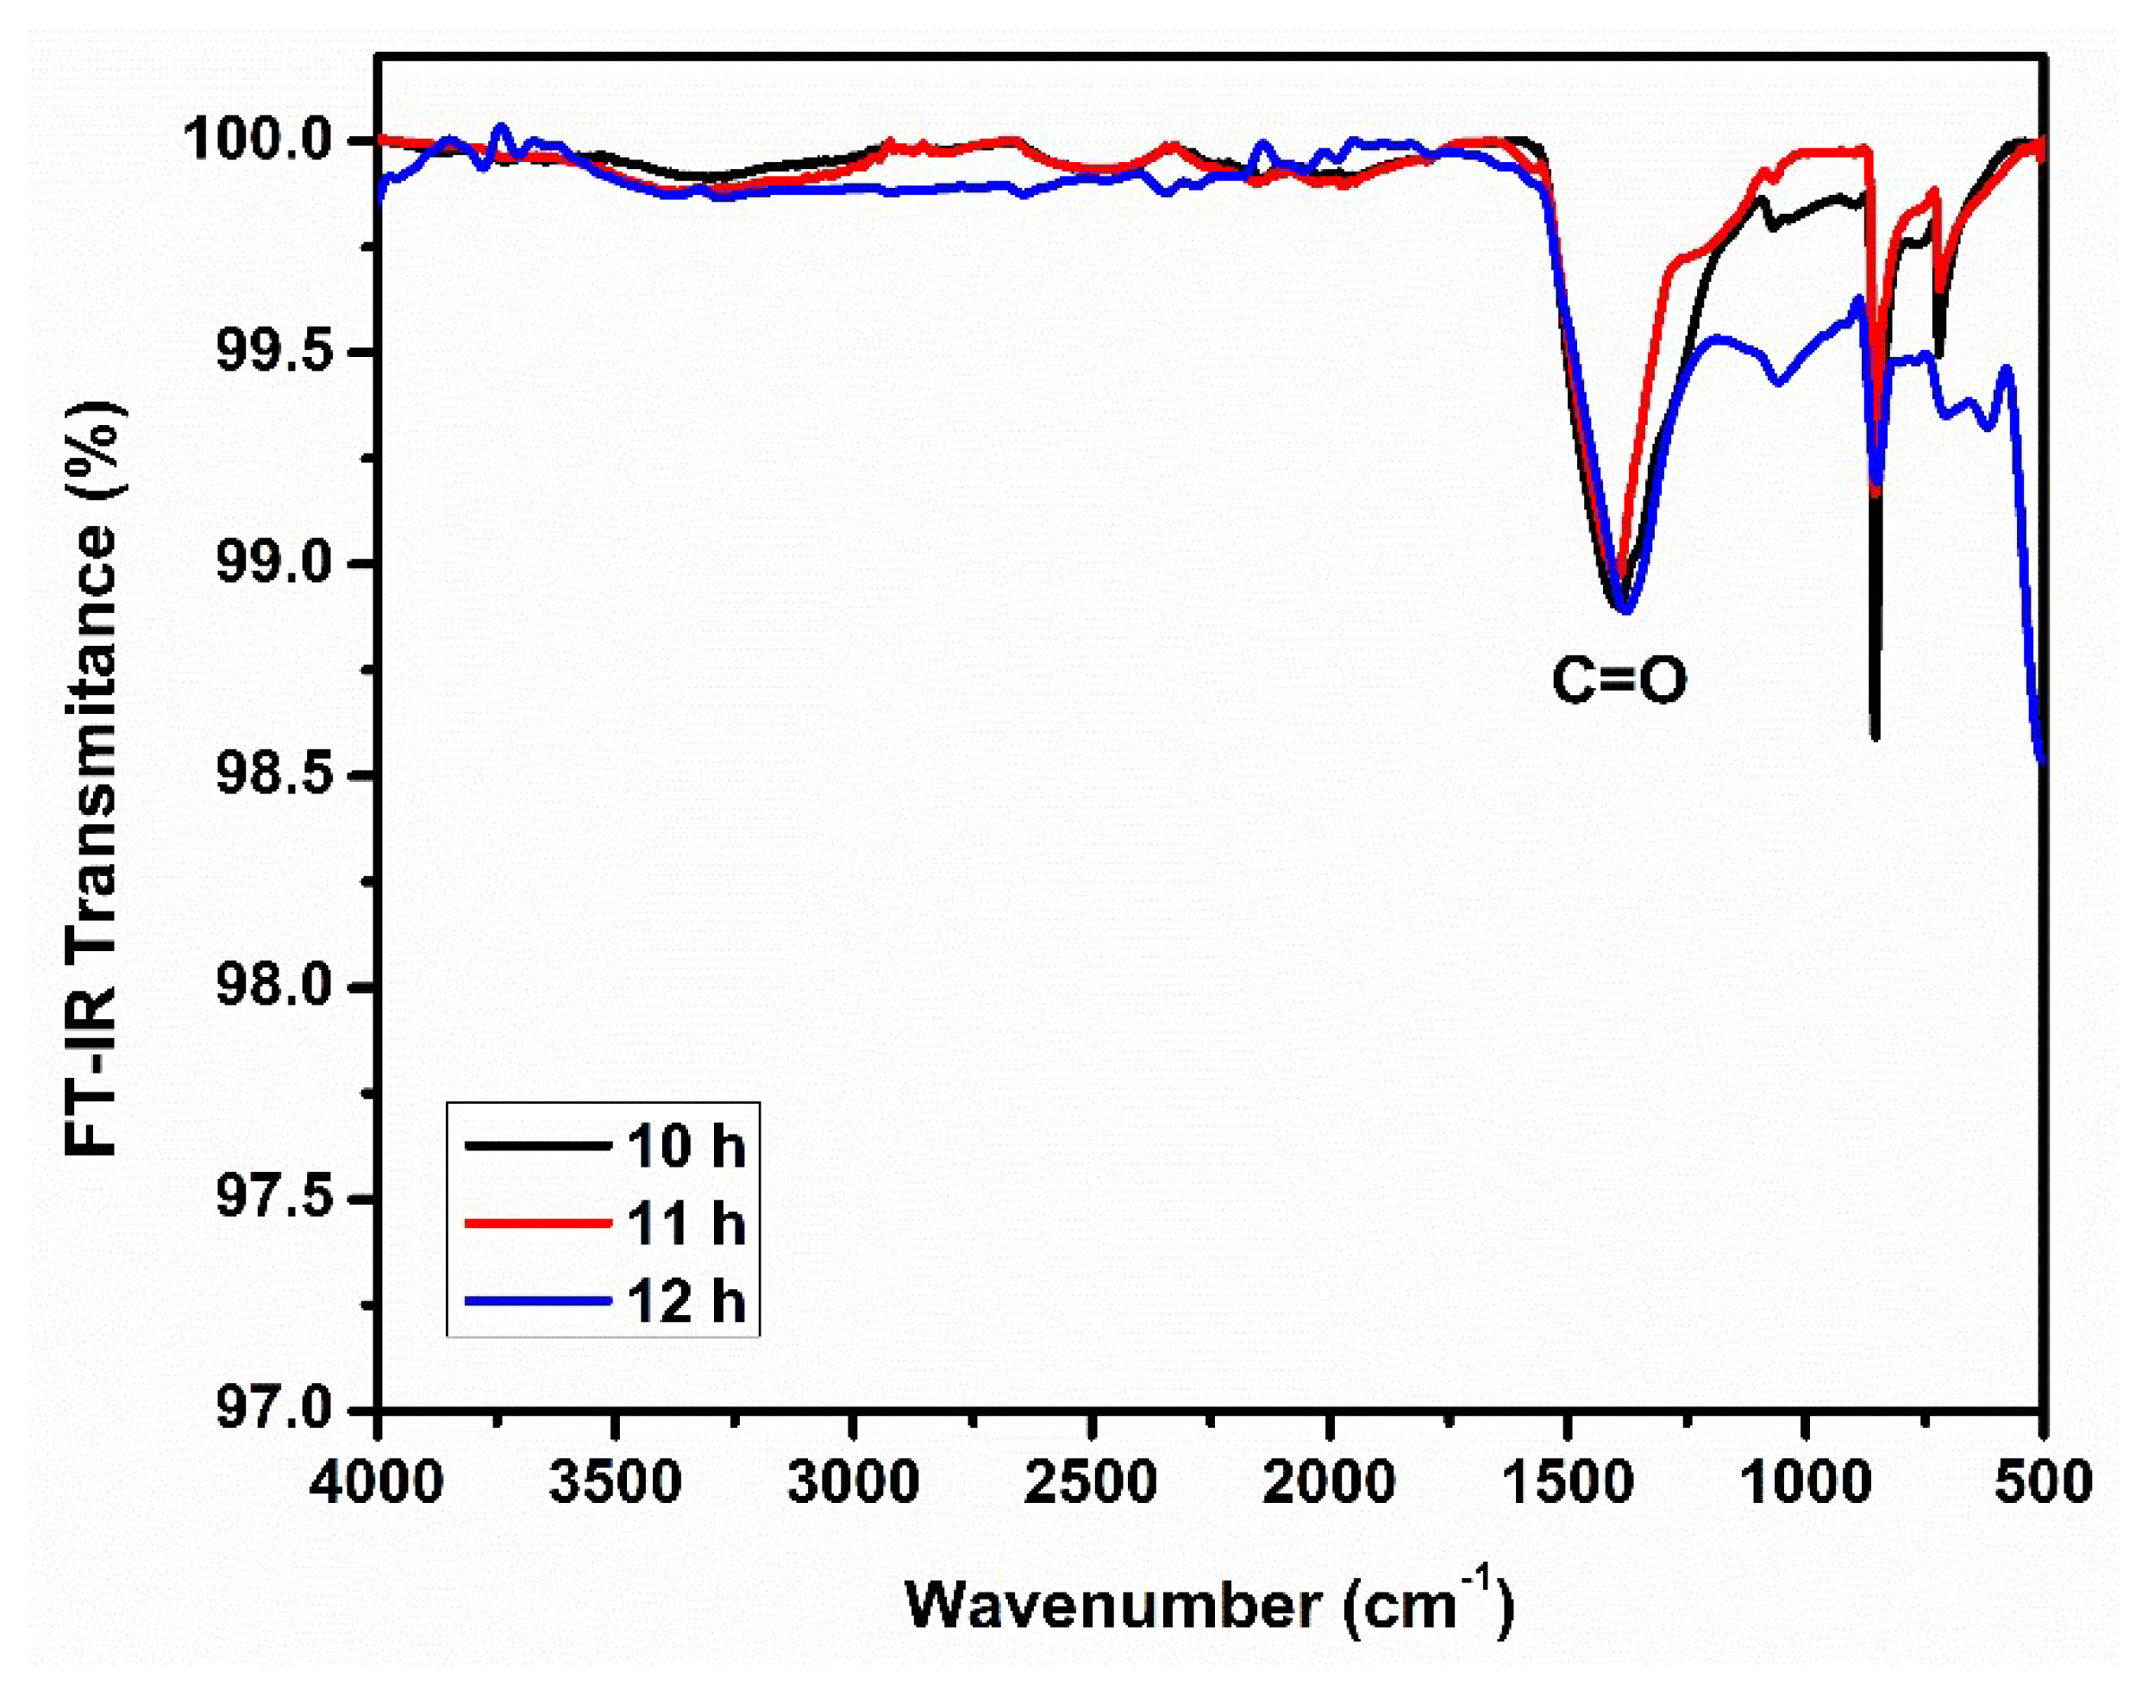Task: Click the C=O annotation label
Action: coord(1619,681)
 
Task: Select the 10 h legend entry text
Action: coord(686,1145)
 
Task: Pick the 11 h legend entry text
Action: coord(686,1223)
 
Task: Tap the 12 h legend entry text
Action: coord(686,1300)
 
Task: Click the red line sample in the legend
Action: coord(537,1223)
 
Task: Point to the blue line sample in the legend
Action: coord(537,1300)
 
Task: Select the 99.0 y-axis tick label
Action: coord(282,564)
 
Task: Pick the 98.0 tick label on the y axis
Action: coord(282,987)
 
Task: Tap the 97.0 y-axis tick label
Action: coord(282,1410)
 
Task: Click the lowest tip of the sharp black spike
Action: coord(1875,736)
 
